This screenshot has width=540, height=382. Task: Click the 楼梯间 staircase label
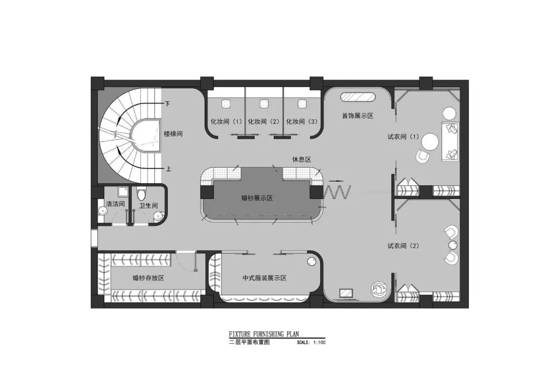pos(173,133)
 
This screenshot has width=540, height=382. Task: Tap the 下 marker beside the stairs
pos(167,103)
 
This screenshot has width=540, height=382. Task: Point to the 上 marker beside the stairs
pos(168,169)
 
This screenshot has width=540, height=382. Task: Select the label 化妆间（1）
pos(226,122)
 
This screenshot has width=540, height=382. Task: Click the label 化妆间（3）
pos(302,122)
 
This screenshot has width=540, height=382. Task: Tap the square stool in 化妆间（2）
pos(264,104)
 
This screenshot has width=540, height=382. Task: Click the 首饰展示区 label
pos(357,116)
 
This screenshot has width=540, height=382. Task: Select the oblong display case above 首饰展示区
pos(358,97)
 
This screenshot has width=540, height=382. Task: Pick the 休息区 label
pos(302,159)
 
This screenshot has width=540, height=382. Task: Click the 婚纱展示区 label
pos(257,198)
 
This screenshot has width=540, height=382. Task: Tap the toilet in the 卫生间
pos(141,194)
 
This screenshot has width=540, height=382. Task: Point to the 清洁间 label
pos(116,204)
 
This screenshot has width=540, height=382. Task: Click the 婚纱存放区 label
pos(148,278)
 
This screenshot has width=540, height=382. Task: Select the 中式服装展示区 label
pos(265,278)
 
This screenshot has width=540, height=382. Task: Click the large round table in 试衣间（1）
pos(430,142)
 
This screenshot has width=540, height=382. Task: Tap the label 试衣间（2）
pos(403,246)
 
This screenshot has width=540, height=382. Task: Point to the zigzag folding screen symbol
pos(337,192)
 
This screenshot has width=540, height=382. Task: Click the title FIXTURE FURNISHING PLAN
pos(264,334)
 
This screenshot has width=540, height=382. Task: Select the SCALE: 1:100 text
pos(311,343)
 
